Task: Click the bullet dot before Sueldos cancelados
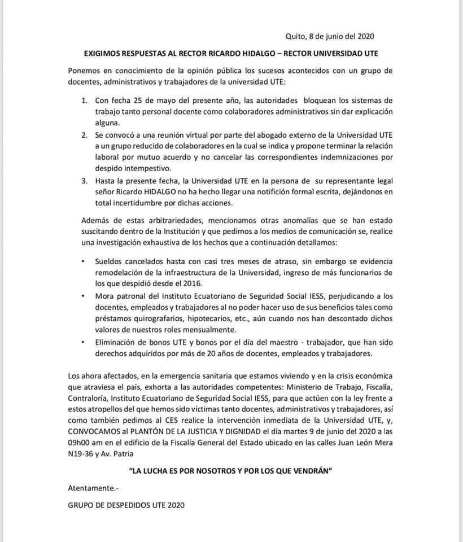[x=83, y=262]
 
